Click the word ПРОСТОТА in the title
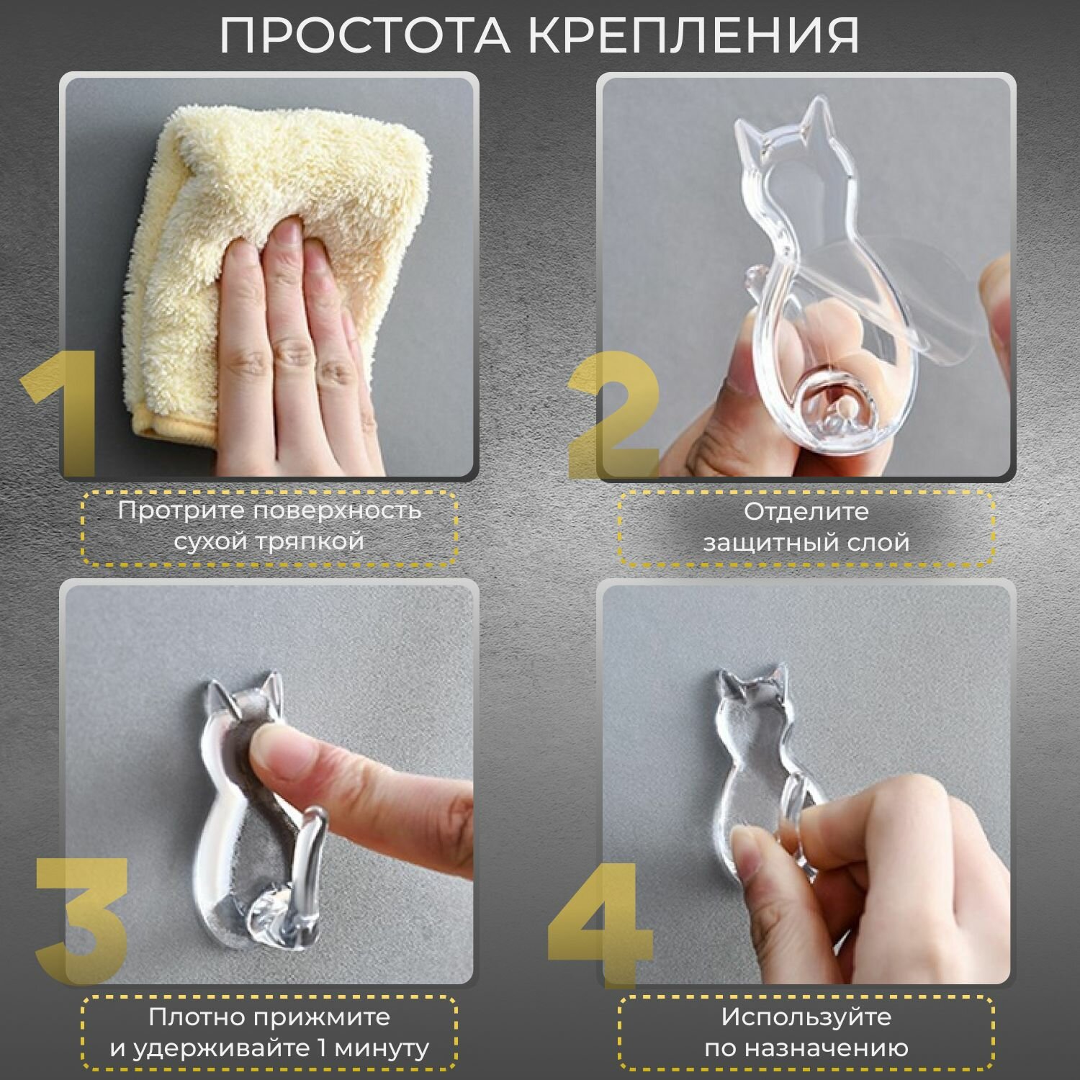[x=364, y=34]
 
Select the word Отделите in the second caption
[x=806, y=512]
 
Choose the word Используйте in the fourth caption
[x=806, y=1017]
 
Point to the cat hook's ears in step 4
[x=749, y=684]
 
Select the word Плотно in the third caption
[x=195, y=1017]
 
